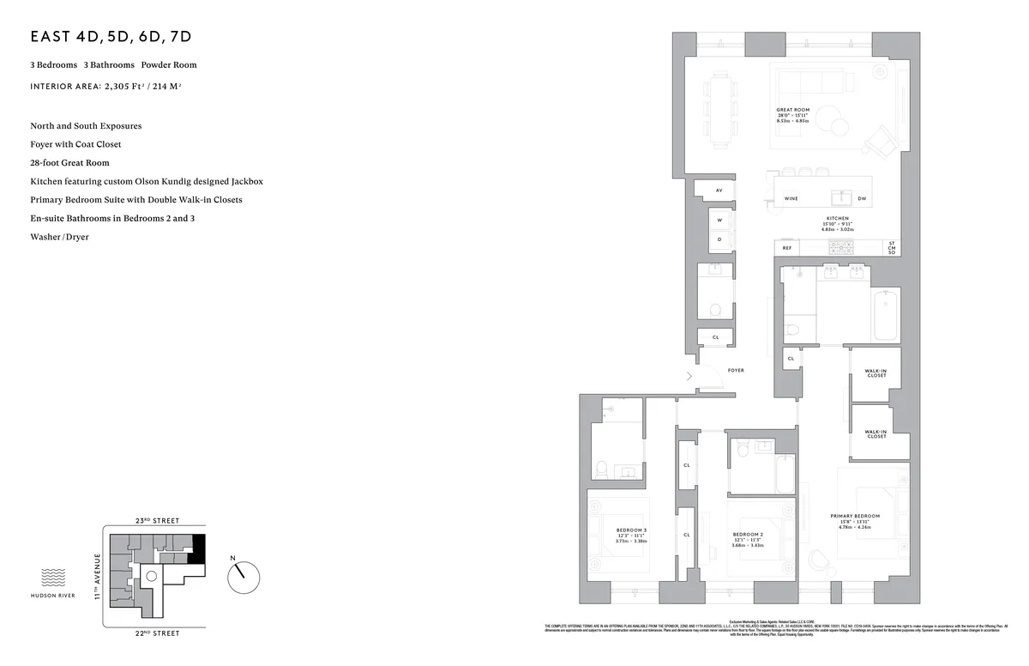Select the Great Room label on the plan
coord(792,111)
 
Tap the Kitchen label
coord(836,219)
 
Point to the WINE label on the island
coord(791,198)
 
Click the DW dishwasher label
coord(862,198)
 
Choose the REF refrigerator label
coord(786,247)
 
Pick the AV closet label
coord(719,190)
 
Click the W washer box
coord(719,221)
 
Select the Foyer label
coord(736,370)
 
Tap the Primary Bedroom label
coord(855,517)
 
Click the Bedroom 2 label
coord(748,534)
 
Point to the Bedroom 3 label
coord(631,530)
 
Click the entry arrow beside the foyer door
coord(689,376)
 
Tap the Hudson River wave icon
coord(55,576)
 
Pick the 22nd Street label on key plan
coord(156,633)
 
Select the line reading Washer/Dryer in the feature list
coord(59,237)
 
